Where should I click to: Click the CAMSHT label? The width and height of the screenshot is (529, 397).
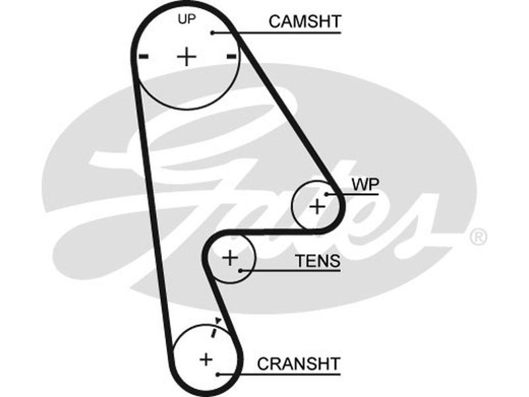[x=304, y=21]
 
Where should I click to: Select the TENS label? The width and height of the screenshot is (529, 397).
[x=317, y=261]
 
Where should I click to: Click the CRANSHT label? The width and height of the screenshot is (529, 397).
[x=298, y=363]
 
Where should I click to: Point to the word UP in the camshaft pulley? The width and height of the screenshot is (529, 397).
[x=187, y=19]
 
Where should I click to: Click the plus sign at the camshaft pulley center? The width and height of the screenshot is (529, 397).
[x=187, y=57]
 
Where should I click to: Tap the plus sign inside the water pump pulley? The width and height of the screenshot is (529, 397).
[x=317, y=206]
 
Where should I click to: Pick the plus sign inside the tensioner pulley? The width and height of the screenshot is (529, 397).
[x=229, y=257]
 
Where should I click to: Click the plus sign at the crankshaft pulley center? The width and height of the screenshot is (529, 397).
[x=206, y=359]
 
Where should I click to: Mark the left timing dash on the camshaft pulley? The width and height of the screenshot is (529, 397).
[x=143, y=58]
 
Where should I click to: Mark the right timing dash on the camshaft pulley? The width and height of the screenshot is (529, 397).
[x=231, y=58]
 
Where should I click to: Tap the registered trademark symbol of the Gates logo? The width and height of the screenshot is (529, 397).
[x=477, y=237]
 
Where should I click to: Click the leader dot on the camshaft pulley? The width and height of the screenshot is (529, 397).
[x=212, y=32]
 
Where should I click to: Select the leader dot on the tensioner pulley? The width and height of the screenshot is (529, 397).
[x=242, y=270]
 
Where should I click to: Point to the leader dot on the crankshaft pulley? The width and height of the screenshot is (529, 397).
[x=218, y=374]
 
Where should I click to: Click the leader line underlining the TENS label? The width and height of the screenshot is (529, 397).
[x=298, y=271]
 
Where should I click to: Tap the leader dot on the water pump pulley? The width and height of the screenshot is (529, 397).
[x=327, y=194]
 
